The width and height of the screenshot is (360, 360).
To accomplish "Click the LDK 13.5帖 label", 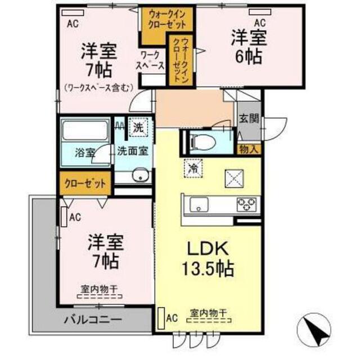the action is click(208, 259).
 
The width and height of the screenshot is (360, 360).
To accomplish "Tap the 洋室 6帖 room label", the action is click(249, 47).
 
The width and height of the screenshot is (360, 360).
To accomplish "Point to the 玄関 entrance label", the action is click(249, 119).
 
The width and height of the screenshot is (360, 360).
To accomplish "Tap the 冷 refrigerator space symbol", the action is click(193, 169).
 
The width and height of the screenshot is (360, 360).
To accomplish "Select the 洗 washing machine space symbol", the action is click(138, 128).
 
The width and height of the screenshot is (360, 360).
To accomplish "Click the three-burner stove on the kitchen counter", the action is click(247, 204).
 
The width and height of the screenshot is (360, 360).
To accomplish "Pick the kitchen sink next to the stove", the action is click(199, 204).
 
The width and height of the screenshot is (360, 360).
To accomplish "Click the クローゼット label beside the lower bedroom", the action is click(85, 184).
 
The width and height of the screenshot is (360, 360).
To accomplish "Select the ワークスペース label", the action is click(151, 60).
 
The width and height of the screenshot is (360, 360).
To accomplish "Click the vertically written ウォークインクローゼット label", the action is click(181, 61).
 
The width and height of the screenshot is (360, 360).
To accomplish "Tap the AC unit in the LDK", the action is click(162, 318).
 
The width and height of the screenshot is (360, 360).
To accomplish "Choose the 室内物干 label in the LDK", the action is click(209, 313).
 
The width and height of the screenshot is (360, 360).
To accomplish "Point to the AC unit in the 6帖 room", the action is click(260, 12).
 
